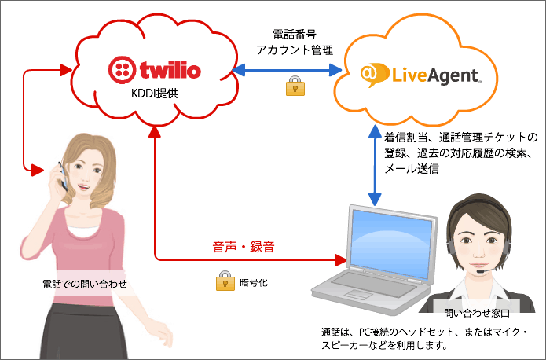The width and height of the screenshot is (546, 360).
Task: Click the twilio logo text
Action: pyautogui.click(x=170, y=70)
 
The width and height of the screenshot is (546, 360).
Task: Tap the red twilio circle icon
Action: pyautogui.click(x=122, y=70)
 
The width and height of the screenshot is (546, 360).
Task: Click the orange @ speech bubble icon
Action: pyautogui.click(x=374, y=74)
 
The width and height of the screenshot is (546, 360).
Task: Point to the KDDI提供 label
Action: pyautogui.click(x=154, y=94)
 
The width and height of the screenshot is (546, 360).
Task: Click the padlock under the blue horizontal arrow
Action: pyautogui.click(x=295, y=86)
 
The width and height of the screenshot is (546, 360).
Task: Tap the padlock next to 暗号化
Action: pyautogui.click(x=225, y=281)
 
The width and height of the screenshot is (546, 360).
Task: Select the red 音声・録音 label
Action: pyautogui.click(x=244, y=247)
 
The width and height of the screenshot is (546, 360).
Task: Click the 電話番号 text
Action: pyautogui.click(x=295, y=35)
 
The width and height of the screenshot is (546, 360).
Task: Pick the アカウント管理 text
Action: pyautogui.click(x=295, y=50)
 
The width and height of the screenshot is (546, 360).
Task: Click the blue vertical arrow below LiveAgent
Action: pyautogui.click(x=375, y=165)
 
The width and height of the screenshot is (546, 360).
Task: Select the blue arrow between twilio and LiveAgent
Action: pyautogui.click(x=288, y=70)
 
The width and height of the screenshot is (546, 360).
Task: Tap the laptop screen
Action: pyautogui.click(x=390, y=242)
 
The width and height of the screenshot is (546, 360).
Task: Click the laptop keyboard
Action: pyautogui.click(x=373, y=284)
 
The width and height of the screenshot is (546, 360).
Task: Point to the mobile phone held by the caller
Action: pyautogui.click(x=63, y=176)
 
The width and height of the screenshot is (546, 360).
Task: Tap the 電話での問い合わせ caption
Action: pyautogui.click(x=85, y=284)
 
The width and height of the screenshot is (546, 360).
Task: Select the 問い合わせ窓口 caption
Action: pyautogui.click(x=477, y=314)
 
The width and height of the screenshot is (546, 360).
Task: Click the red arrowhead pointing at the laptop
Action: pyautogui.click(x=340, y=260)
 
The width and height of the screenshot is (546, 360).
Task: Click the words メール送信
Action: pyautogui.click(x=411, y=169)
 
